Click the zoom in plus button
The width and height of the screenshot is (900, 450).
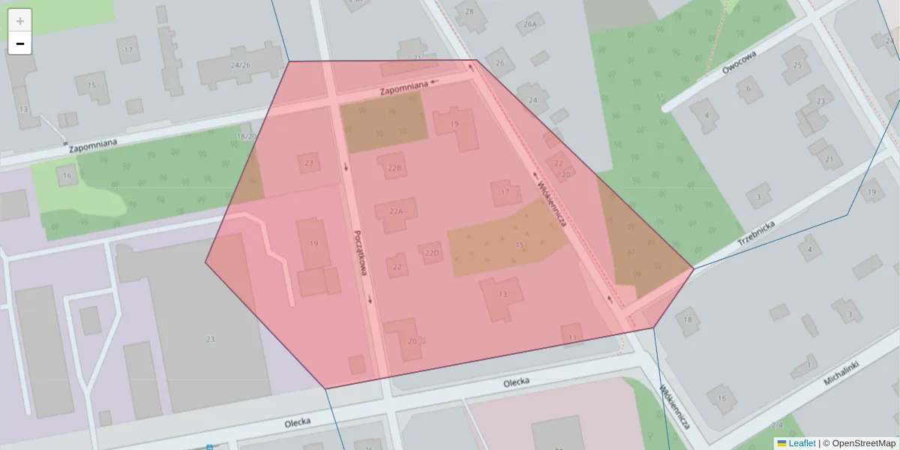(20, 21)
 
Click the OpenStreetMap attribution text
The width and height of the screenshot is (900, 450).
(863, 443)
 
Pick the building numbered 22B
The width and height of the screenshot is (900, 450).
(394, 167)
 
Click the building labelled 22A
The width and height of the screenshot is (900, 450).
(397, 211)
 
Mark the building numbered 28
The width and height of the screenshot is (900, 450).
(470, 12)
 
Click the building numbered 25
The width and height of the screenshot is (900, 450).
(797, 66)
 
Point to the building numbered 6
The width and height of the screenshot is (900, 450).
(748, 89)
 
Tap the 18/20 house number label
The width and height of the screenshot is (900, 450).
(246, 136)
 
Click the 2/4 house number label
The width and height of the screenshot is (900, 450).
(777, 426)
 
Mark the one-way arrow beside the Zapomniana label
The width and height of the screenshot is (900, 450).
(434, 81)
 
